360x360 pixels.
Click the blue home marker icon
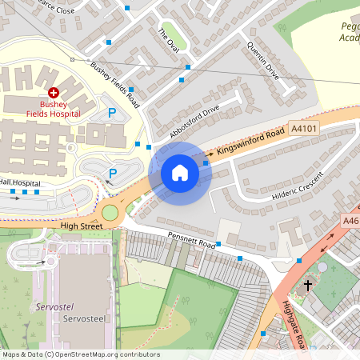point(180,172)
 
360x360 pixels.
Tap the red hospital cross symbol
point(54,94)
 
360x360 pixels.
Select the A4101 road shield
point(303,128)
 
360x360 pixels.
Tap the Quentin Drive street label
point(263,60)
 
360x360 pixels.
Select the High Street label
point(82,226)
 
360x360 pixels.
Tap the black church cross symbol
point(308,285)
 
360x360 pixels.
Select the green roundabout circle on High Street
point(110,213)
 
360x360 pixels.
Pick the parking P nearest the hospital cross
point(111,114)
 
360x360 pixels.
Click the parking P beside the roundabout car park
point(113,173)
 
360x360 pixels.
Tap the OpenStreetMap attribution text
point(80,354)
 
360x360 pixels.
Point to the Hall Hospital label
point(20,182)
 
